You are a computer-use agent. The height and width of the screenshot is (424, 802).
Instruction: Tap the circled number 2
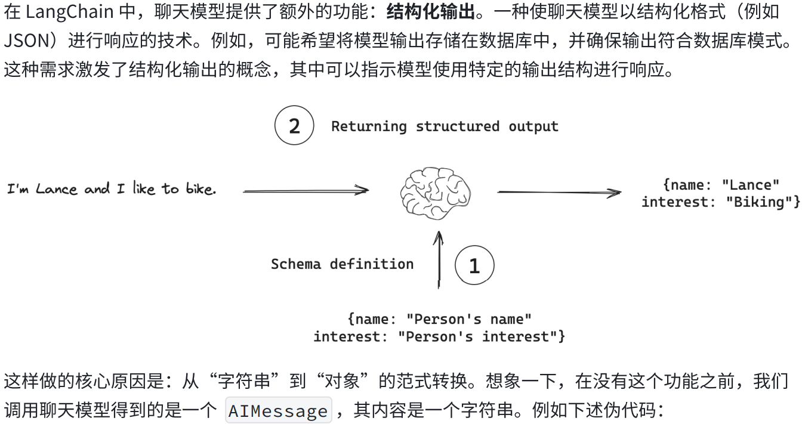click(294, 126)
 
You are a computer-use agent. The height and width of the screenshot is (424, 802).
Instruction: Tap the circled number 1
click(474, 265)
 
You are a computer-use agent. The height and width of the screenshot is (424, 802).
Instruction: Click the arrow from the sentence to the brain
click(305, 191)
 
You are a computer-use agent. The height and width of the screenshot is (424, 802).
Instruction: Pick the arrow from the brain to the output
click(559, 192)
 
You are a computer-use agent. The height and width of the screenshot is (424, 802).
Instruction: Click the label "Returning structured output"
click(445, 126)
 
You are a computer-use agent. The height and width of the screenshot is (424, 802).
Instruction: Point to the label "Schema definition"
click(342, 264)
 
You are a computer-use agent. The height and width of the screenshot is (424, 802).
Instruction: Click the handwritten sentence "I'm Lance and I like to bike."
click(112, 190)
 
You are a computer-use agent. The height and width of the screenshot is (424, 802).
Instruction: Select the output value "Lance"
click(750, 185)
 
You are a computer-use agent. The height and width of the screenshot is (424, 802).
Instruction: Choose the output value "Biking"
click(758, 202)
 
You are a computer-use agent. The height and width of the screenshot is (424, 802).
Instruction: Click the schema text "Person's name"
click(468, 319)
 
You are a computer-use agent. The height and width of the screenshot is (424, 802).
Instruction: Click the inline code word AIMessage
click(278, 411)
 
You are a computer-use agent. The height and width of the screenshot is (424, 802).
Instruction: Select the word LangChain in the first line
click(69, 11)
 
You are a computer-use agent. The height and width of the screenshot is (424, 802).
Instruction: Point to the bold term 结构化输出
click(431, 11)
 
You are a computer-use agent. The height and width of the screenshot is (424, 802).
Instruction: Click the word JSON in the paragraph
click(26, 41)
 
